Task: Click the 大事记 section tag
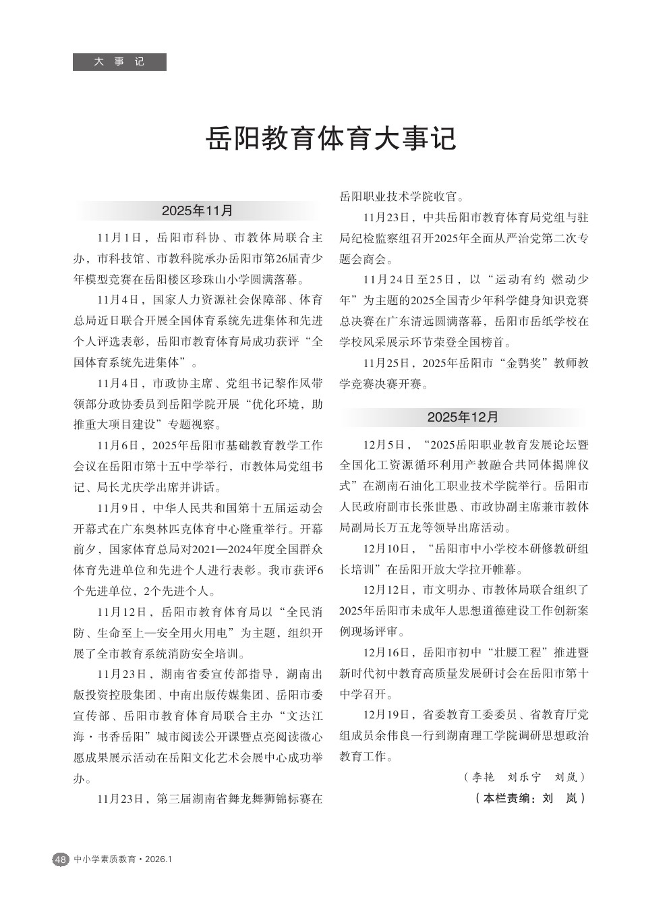click(x=119, y=62)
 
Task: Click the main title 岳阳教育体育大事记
click(x=331, y=138)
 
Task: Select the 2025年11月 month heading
click(x=197, y=210)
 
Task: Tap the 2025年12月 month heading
click(x=463, y=417)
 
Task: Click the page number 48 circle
click(x=60, y=859)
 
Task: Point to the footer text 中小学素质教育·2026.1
click(x=124, y=859)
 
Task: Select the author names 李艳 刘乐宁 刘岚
click(x=525, y=777)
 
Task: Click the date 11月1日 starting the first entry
click(x=119, y=237)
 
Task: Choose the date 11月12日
click(x=121, y=612)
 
